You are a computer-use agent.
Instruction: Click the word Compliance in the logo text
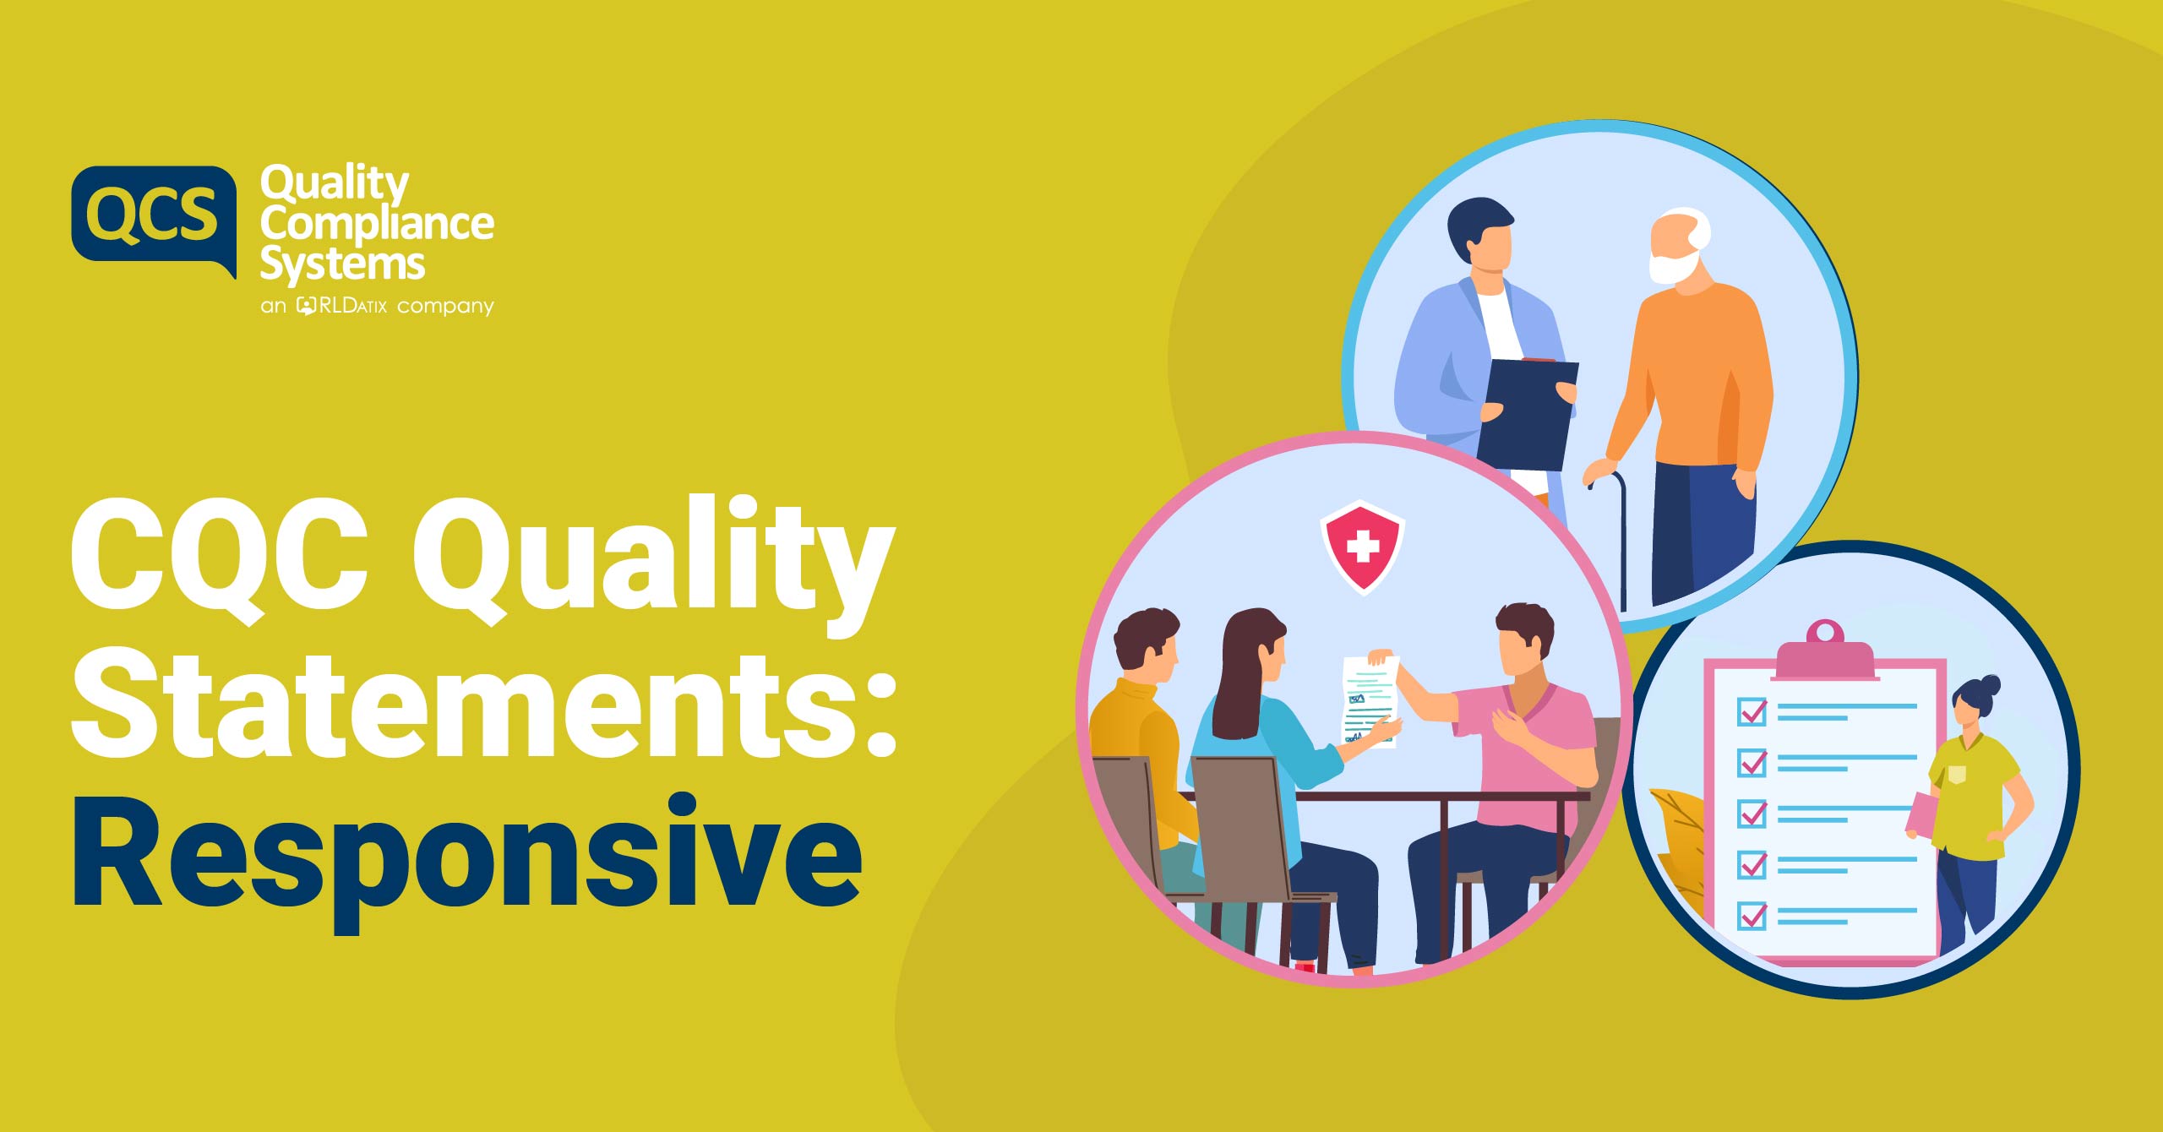click(x=377, y=225)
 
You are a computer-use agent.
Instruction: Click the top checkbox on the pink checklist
click(x=1752, y=711)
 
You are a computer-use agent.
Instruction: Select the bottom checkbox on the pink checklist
click(x=1752, y=915)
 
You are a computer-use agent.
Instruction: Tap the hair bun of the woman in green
click(x=1990, y=684)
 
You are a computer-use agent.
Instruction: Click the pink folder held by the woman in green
click(x=1921, y=816)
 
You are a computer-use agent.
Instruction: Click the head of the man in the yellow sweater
click(x=1145, y=643)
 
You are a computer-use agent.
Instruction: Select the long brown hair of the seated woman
click(x=1246, y=672)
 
